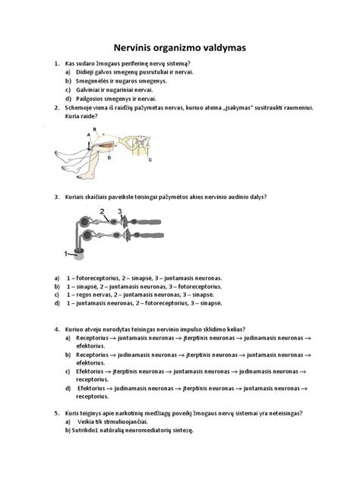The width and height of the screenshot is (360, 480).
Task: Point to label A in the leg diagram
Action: [x=89, y=134]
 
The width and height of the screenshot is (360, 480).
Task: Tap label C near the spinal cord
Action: [x=150, y=160]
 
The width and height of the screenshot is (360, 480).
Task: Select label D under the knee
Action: [x=109, y=158]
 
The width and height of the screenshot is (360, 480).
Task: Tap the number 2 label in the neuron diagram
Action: [x=102, y=212]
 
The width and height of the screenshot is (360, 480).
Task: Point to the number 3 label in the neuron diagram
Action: [x=120, y=213]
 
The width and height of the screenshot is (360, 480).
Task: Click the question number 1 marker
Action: [x=56, y=63]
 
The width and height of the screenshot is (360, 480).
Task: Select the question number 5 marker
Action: [x=56, y=414]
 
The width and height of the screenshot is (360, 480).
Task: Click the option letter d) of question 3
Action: [x=57, y=303]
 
